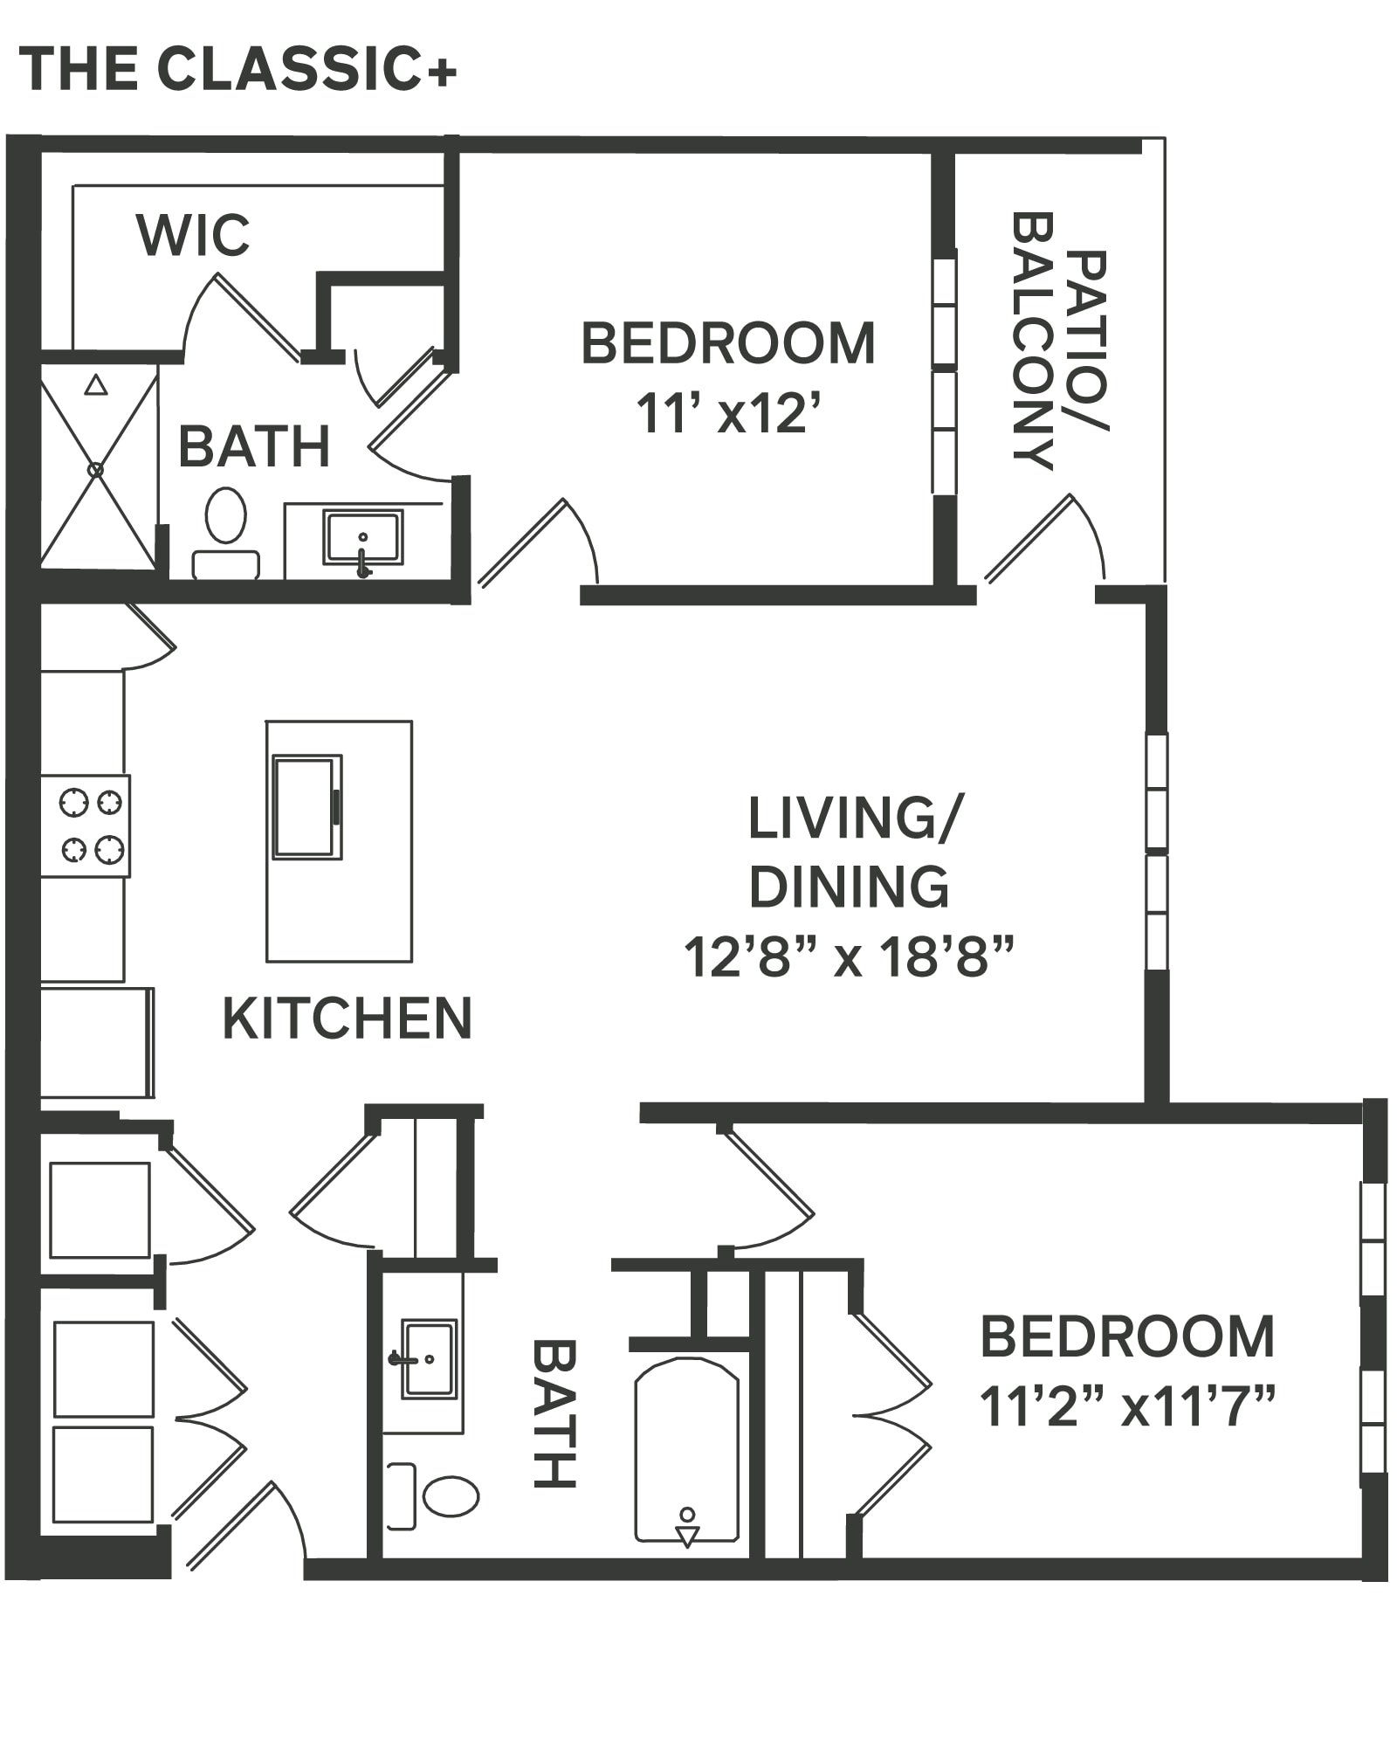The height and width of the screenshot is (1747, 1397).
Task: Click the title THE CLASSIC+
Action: click(237, 69)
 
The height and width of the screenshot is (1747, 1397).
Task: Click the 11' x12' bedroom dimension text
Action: click(729, 413)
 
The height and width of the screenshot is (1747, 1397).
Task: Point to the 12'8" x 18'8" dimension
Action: click(849, 956)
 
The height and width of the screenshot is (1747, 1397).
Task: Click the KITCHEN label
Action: click(348, 1019)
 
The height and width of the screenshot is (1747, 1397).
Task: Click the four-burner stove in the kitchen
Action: click(86, 825)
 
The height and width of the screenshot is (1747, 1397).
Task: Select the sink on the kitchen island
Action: click(306, 807)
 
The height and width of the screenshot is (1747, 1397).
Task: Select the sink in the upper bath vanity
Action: click(363, 538)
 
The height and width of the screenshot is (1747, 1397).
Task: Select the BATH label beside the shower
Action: click(254, 446)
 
